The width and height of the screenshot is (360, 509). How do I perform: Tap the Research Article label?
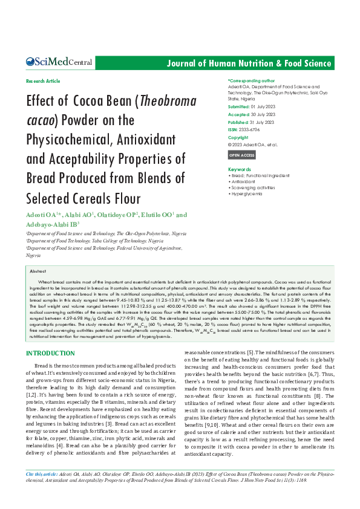[43, 80]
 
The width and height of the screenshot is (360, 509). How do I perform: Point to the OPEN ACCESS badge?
[241, 155]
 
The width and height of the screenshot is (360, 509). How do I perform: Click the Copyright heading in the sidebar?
[238, 137]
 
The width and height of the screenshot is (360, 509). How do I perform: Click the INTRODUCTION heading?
[51, 354]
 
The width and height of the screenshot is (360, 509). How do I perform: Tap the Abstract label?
[38, 271]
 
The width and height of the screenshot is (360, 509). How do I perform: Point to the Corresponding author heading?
[251, 80]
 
